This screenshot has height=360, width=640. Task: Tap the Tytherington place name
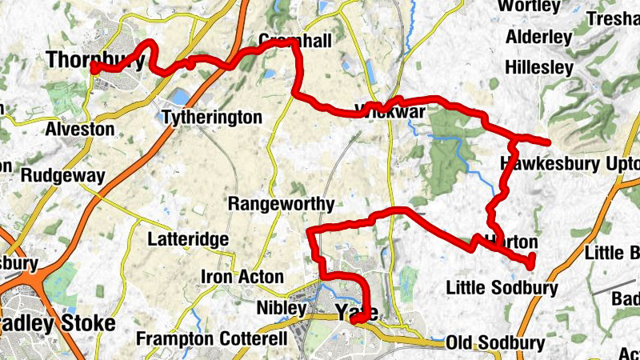click(x=212, y=118)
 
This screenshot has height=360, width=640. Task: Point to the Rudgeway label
click(x=63, y=175)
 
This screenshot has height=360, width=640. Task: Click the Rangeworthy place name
click(x=281, y=204)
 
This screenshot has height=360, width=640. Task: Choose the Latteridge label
click(x=189, y=238)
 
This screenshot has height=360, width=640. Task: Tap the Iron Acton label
click(x=242, y=277)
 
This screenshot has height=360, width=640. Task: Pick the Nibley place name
click(x=282, y=308)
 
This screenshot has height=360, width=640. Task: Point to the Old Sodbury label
click(x=496, y=343)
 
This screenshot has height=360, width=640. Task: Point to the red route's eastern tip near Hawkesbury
click(x=549, y=142)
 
